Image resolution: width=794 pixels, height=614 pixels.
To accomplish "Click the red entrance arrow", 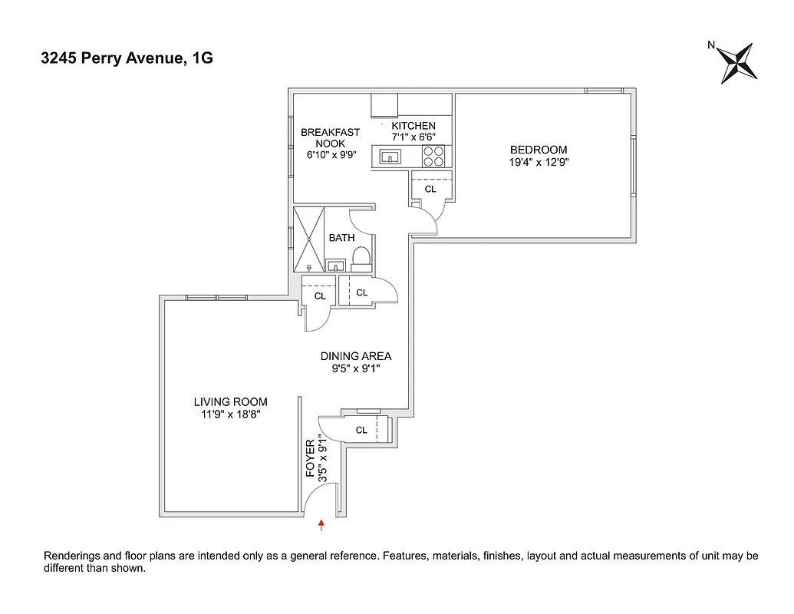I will (321, 525).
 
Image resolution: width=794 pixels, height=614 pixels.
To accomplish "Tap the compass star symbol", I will (740, 63).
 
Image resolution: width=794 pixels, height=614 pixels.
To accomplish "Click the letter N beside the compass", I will (712, 45).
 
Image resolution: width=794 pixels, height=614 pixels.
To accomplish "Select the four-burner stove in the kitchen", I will (433, 157).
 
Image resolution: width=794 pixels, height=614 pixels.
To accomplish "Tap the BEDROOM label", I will (539, 150).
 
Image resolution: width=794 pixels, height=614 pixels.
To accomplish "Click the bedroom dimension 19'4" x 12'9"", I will (539, 162).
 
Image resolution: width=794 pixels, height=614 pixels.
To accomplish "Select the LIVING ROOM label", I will (230, 401).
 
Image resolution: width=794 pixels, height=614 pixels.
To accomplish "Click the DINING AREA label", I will (355, 356).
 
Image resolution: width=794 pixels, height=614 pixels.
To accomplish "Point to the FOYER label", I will (311, 458).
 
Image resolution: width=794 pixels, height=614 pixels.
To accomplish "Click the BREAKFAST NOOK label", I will (330, 137).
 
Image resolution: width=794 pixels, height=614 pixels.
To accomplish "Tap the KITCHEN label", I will (413, 126).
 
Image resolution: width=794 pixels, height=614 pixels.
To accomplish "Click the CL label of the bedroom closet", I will (430, 189).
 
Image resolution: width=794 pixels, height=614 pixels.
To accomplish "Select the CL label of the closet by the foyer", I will (361, 431).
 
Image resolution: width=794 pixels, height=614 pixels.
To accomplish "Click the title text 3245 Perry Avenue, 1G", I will (127, 58).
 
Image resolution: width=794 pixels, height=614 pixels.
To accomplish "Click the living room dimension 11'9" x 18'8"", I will (230, 415).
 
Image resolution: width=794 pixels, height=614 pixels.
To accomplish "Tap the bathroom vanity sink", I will (335, 266).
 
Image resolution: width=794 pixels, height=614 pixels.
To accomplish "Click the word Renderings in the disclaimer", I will (75, 556).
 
